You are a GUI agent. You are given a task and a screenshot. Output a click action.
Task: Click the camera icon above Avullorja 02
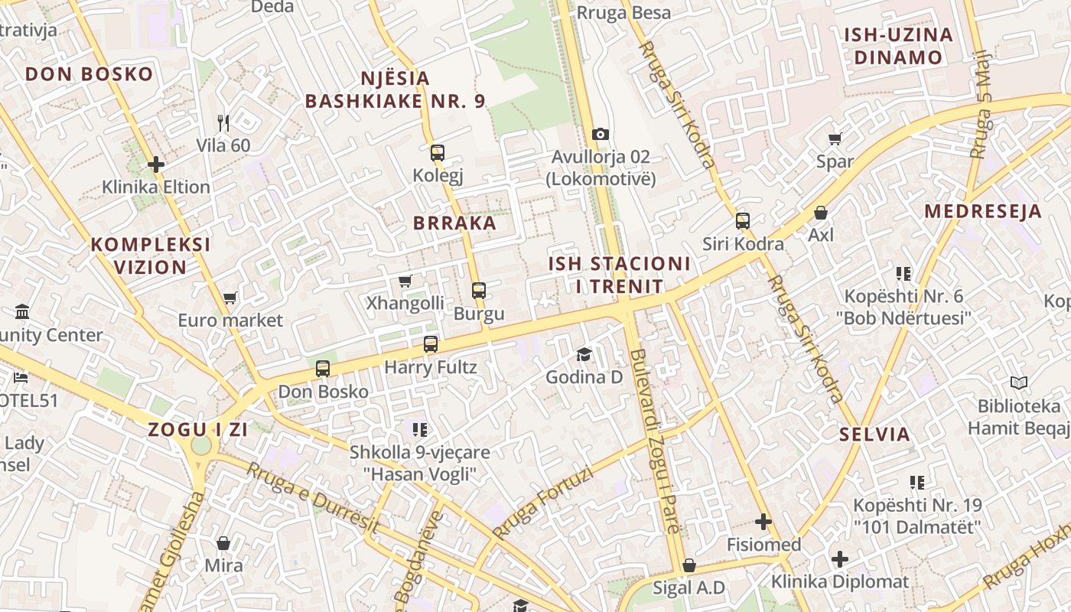coord(601,135)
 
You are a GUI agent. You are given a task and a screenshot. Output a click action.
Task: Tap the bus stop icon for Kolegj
coord(438,153)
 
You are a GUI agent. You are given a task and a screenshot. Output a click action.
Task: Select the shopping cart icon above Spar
coord(835,138)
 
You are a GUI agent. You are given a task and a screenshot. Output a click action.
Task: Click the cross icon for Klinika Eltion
coord(156,164)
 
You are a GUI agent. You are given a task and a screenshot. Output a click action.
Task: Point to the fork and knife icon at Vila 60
coord(223,122)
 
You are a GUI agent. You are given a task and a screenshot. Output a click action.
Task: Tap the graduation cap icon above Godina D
coord(584,354)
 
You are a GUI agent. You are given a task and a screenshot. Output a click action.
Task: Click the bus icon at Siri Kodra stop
coord(743,221)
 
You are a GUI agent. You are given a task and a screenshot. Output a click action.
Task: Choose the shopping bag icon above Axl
coord(821,212)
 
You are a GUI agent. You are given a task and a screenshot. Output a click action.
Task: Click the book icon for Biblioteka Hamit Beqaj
coord(1019,382)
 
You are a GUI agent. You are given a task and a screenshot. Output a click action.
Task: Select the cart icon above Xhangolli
coord(405,281)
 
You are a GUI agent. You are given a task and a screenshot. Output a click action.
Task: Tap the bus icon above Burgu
coord(479,291)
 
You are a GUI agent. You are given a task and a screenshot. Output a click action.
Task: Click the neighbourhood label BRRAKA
coord(455,223)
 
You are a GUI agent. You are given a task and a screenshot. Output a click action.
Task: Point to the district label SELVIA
coord(875,435)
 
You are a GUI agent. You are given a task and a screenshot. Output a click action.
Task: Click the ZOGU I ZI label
coord(198,429)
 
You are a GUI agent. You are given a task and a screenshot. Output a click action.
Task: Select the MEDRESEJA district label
coord(983,211)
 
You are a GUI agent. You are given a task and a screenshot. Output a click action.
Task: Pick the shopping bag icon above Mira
coord(223,543)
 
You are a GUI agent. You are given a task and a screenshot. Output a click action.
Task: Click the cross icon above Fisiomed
coord(763,522)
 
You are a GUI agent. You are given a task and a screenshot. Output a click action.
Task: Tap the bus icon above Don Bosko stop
coord(323,369)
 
